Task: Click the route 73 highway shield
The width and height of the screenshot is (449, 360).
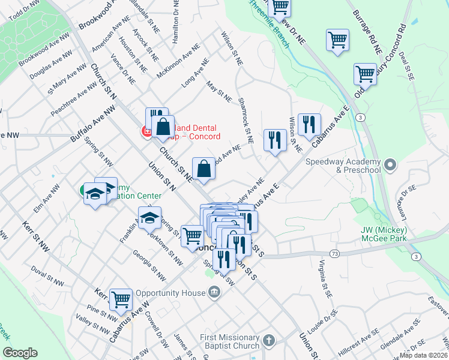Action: tap(334, 254)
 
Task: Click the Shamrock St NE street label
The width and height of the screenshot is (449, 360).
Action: tap(246, 121)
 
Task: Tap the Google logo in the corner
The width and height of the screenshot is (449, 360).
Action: tap(19, 353)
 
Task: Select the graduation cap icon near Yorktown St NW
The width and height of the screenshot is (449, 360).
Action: tap(150, 218)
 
